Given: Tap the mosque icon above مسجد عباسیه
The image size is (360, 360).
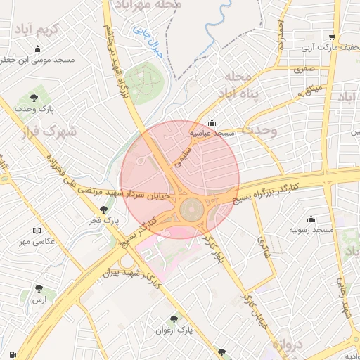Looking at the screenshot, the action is [x=212, y=122].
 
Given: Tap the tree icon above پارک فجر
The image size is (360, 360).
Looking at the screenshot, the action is [x=104, y=209].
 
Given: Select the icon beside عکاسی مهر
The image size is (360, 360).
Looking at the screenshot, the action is [x=37, y=230].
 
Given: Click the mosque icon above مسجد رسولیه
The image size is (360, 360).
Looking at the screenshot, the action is [x=310, y=219].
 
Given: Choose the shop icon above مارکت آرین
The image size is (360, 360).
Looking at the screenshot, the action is [x=330, y=37].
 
